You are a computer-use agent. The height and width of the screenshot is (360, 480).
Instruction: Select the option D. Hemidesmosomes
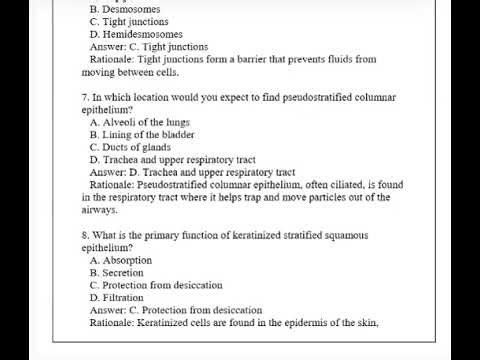tap(142, 34)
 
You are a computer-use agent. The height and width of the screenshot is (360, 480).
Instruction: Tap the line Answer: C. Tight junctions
tap(148, 46)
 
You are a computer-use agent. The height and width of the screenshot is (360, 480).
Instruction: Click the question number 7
tap(85, 97)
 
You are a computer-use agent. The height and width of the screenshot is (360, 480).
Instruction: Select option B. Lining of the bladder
tap(141, 134)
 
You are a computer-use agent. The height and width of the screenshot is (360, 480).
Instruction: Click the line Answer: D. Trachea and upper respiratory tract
tap(192, 172)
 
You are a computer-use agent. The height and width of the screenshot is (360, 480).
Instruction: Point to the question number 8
tap(85, 235)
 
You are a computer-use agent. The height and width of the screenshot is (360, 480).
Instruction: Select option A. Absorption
tap(121, 260)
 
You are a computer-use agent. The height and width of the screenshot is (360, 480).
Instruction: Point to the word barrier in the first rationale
tap(232, 59)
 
